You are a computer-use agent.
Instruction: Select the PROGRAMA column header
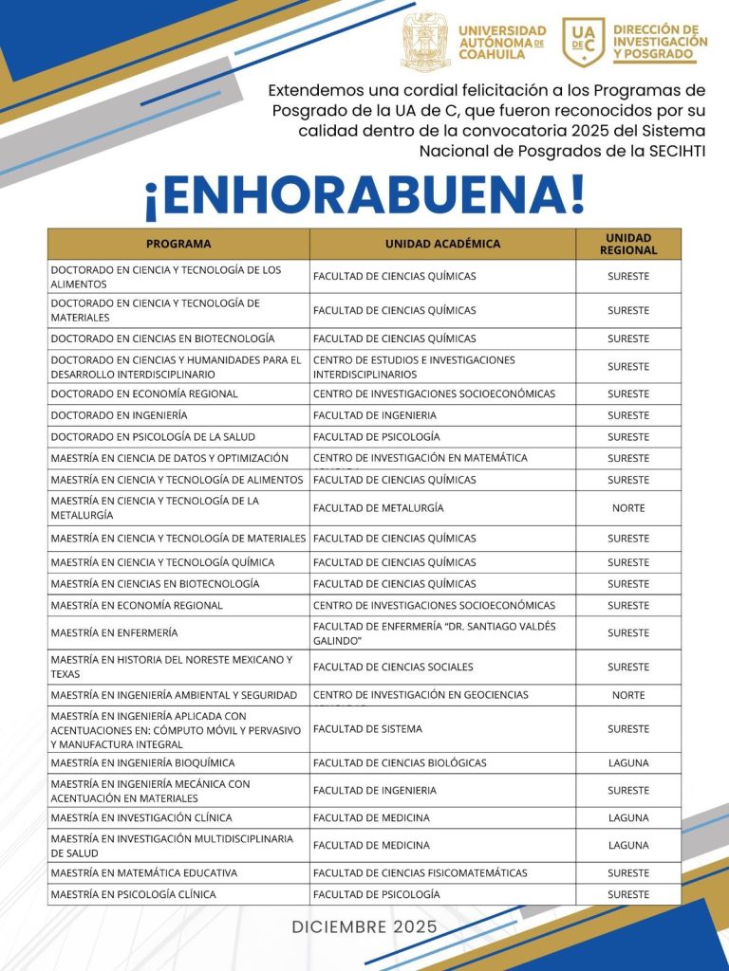click(178, 244)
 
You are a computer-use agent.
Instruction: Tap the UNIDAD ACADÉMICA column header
click(442, 244)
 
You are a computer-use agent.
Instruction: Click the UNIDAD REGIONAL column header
click(628, 244)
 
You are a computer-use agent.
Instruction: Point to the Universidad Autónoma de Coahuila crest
click(425, 42)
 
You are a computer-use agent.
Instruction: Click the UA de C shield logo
click(583, 42)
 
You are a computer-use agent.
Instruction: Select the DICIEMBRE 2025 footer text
click(364, 926)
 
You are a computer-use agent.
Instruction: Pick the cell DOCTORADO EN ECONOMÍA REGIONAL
click(144, 394)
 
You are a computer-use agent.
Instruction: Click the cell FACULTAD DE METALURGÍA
click(379, 508)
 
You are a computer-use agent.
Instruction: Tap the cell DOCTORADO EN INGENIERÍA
click(120, 415)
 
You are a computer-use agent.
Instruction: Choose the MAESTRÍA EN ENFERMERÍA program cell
click(115, 632)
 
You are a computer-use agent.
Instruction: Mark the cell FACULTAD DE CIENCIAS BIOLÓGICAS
click(400, 763)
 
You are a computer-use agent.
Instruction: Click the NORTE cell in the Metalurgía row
click(628, 508)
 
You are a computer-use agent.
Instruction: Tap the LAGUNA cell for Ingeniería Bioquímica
click(628, 763)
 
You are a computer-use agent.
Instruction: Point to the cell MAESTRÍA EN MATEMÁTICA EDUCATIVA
click(144, 873)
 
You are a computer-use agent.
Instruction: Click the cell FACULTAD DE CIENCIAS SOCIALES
click(391, 668)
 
